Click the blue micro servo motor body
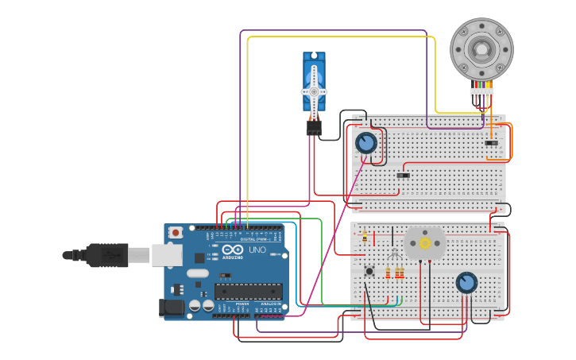click(x=314, y=67)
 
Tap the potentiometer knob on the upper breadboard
click(x=365, y=143)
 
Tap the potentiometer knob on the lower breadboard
click(x=466, y=282)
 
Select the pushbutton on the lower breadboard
click(x=369, y=271)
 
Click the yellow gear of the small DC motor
click(x=424, y=242)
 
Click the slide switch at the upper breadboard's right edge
click(x=491, y=143)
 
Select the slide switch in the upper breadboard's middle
click(x=403, y=175)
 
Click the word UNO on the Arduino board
click(x=257, y=250)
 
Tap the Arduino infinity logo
click(x=233, y=250)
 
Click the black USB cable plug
click(x=107, y=255)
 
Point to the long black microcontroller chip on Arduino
click(x=247, y=292)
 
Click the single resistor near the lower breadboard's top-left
click(x=365, y=236)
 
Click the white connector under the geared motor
click(x=481, y=93)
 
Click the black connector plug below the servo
click(x=314, y=127)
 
